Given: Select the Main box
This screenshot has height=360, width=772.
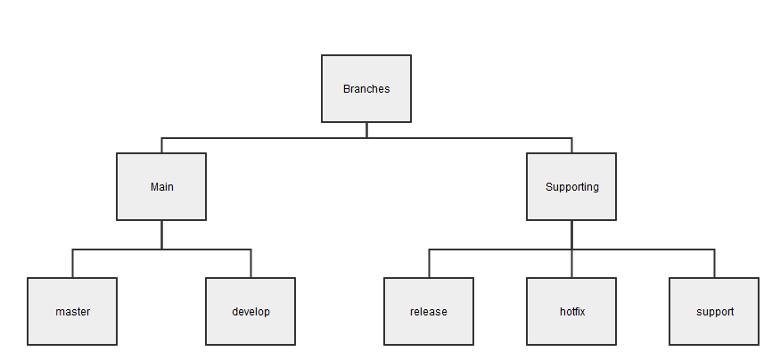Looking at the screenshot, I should pyautogui.click(x=161, y=205).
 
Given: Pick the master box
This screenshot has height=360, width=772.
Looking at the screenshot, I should pyautogui.click(x=72, y=330).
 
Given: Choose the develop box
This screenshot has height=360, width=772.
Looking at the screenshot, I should pyautogui.click(x=250, y=330).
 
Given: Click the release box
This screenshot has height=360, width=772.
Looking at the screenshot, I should pyautogui.click(x=429, y=330).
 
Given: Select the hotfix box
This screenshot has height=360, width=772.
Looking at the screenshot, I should pyautogui.click(x=571, y=330).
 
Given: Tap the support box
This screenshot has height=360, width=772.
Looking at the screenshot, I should pyautogui.click(x=714, y=330).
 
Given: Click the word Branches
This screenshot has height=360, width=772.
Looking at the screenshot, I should pyautogui.click(x=366, y=89).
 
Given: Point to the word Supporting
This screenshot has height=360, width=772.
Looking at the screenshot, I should pyautogui.click(x=571, y=187).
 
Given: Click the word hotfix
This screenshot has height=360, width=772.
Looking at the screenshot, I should pyautogui.click(x=571, y=312).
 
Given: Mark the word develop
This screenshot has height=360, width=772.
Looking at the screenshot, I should pyautogui.click(x=250, y=312).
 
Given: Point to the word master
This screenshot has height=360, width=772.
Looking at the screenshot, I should pyautogui.click(x=72, y=312).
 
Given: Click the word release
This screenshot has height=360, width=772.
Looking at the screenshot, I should pyautogui.click(x=429, y=312).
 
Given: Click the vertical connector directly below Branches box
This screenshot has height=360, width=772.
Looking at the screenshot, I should pyautogui.click(x=366, y=130).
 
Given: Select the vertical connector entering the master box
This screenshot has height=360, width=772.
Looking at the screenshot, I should pyautogui.click(x=72, y=264).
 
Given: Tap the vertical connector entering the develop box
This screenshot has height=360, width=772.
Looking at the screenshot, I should pyautogui.click(x=250, y=264).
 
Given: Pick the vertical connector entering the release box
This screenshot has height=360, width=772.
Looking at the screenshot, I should pyautogui.click(x=429, y=264).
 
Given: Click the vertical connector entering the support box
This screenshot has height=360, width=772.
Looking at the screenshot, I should pyautogui.click(x=714, y=264).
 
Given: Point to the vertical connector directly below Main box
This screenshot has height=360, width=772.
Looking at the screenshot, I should pyautogui.click(x=161, y=235).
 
